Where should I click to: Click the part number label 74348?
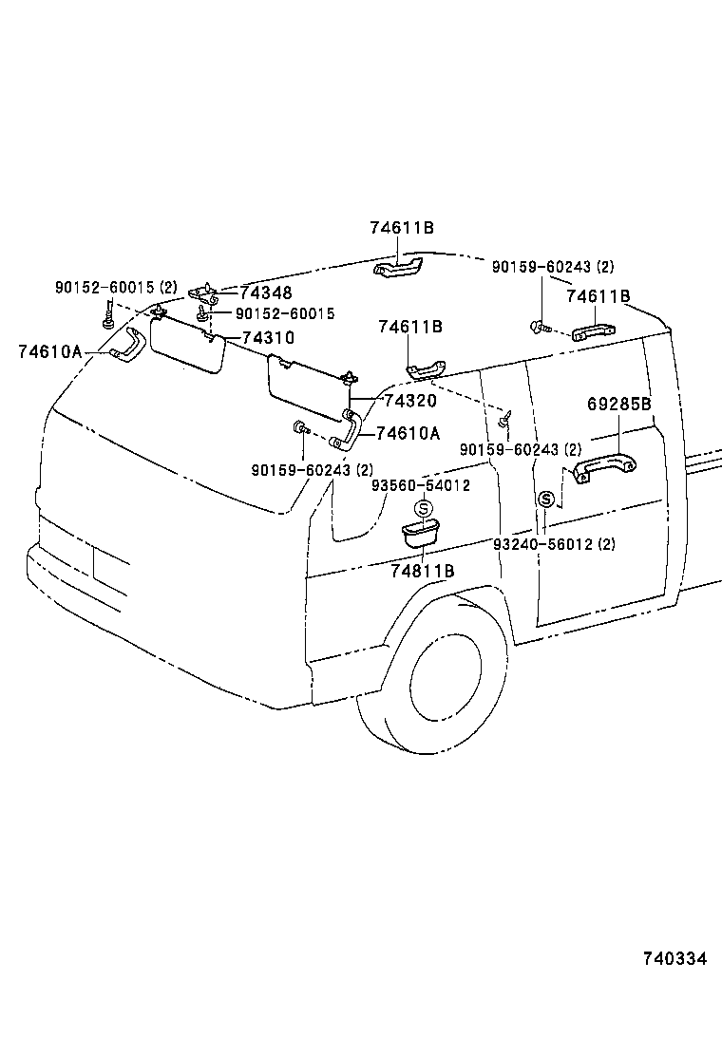click(266, 293)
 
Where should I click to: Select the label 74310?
click(268, 337)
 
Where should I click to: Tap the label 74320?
click(410, 403)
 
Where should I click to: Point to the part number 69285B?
click(618, 404)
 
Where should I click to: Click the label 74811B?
click(423, 571)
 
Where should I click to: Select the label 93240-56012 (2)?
click(555, 544)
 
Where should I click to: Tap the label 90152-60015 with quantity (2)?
click(115, 287)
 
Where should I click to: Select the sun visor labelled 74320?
click(306, 386)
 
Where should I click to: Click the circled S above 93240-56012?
click(546, 500)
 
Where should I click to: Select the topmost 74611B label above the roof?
click(402, 228)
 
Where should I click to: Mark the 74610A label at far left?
click(50, 351)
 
